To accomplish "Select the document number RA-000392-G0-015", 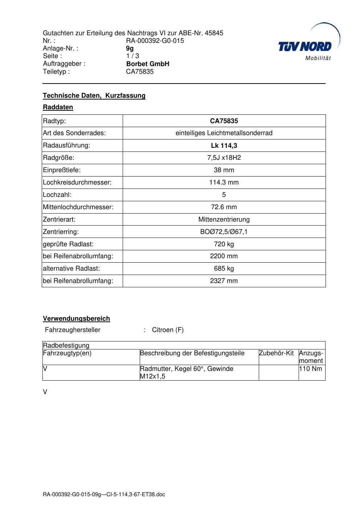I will (x=155, y=41).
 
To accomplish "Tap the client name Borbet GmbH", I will (x=148, y=64).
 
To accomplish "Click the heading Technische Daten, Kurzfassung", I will (x=94, y=96).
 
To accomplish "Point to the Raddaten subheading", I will (x=58, y=107).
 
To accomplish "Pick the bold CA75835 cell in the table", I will (x=224, y=121).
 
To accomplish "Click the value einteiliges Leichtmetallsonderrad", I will (x=224, y=133).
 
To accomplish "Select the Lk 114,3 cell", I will (x=224, y=146).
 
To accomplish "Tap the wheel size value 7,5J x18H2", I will (x=224, y=158).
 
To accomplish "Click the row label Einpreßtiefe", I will (x=62, y=170).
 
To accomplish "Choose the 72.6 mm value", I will (x=224, y=207).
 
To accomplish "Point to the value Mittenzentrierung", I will (x=224, y=219).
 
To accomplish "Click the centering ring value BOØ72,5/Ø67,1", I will (x=224, y=232).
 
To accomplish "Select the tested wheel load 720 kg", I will (x=224, y=244).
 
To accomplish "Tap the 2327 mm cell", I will (x=224, y=281).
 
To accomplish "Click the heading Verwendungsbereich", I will (x=76, y=319).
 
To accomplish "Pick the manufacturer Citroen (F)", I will (x=168, y=330).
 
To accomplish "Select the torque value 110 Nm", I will (x=311, y=369).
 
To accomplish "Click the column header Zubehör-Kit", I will (x=276, y=353).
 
